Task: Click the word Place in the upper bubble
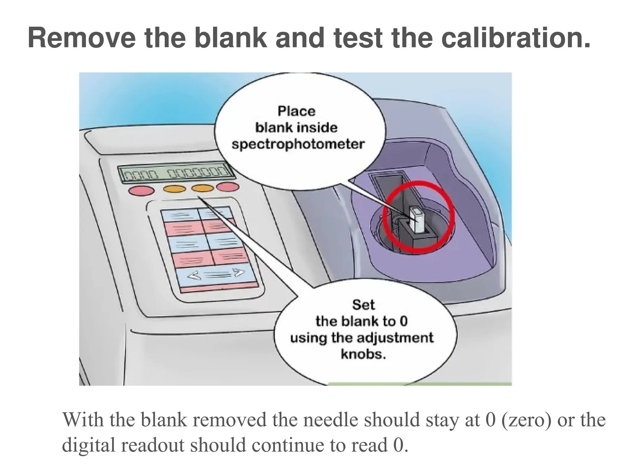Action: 296,111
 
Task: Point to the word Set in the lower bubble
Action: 363,305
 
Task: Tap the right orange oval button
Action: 202,188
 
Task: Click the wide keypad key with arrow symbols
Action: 217,274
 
